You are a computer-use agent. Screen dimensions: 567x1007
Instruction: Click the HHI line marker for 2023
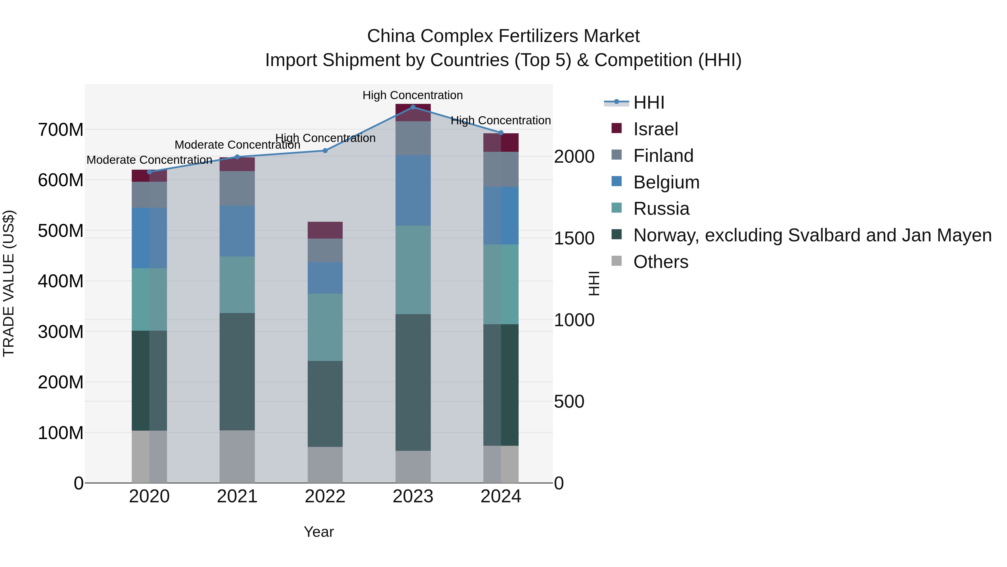coord(413,107)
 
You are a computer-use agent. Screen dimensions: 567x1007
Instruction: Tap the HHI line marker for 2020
coord(149,172)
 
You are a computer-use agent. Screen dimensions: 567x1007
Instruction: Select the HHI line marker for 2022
coord(325,151)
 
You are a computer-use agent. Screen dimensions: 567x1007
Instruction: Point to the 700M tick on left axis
coord(61,130)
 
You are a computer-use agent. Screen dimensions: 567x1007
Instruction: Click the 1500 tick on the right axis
coord(574,238)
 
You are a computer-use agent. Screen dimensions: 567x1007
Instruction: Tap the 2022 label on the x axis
coord(325,496)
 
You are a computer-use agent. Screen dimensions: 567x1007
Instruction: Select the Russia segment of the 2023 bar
coord(413,270)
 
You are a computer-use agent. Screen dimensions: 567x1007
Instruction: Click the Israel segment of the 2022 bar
coord(325,230)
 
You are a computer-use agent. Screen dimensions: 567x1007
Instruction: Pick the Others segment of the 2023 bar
coord(413,466)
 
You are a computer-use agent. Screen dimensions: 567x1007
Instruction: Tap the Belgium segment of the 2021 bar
coord(237,231)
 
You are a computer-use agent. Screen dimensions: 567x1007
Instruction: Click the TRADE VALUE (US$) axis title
coord(9,283)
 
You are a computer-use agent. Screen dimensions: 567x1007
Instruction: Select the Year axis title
coord(319,532)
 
